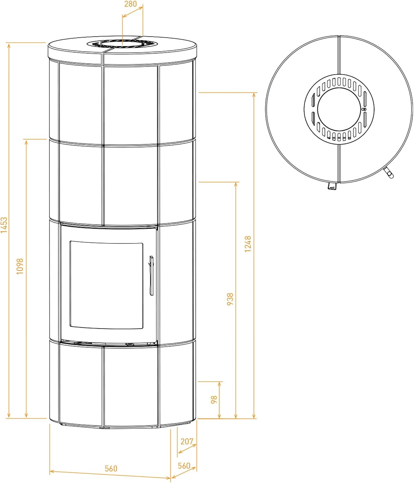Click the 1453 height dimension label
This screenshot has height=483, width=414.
click(4, 225)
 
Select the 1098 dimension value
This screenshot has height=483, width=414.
click(20, 266)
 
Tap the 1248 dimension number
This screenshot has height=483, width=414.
click(247, 244)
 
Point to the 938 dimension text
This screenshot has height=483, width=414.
click(230, 299)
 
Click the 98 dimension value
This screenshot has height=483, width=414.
click(214, 400)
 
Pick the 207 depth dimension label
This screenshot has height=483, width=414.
click(187, 441)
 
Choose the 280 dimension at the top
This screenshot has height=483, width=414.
click(130, 4)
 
